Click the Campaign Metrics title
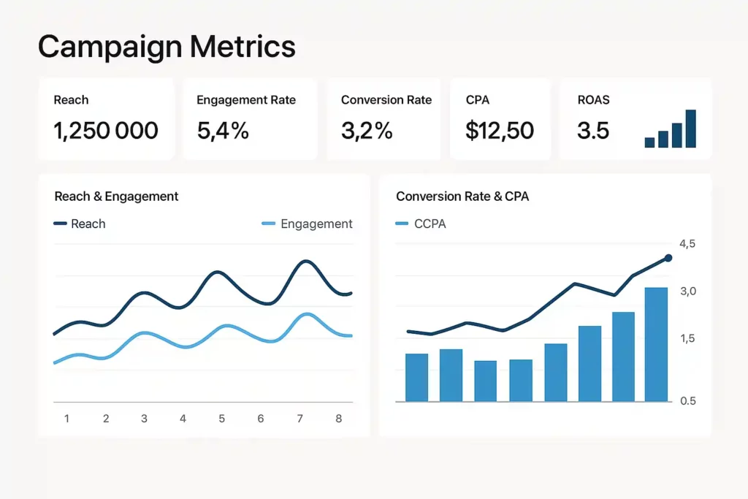pyautogui.click(x=167, y=47)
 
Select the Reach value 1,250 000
pyautogui.click(x=106, y=131)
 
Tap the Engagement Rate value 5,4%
pyautogui.click(x=223, y=131)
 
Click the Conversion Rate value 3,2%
pyautogui.click(x=367, y=131)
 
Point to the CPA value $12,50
pyautogui.click(x=500, y=131)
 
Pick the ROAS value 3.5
pyautogui.click(x=593, y=131)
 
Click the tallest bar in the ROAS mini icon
pyautogui.click(x=690, y=129)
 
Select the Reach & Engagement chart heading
pyautogui.click(x=116, y=197)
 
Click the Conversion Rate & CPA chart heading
pyautogui.click(x=462, y=197)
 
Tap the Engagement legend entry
pyautogui.click(x=307, y=224)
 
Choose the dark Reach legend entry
pyautogui.click(x=80, y=224)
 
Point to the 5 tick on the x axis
pyautogui.click(x=221, y=419)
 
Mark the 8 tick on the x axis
pyautogui.click(x=338, y=419)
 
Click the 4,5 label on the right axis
pyautogui.click(x=687, y=244)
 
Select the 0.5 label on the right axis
pyautogui.click(x=687, y=401)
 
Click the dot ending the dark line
pyautogui.click(x=668, y=258)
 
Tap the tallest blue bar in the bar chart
pyautogui.click(x=656, y=344)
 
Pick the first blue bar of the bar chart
pyautogui.click(x=416, y=377)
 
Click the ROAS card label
pyautogui.click(x=594, y=100)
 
